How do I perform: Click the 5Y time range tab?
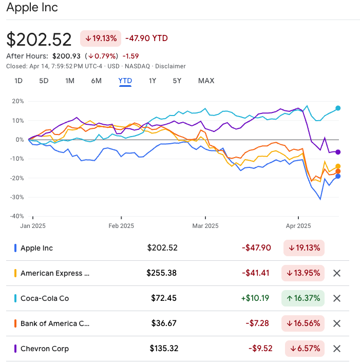[177, 81]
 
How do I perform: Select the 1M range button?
[70, 81]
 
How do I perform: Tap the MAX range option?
[206, 81]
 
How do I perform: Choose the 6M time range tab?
[96, 81]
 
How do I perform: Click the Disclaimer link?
[170, 66]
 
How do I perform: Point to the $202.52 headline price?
[40, 40]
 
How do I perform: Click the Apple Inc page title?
[32, 8]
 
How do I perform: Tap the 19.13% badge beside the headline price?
[100, 38]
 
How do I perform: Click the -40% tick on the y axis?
[17, 216]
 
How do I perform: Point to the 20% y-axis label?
[18, 101]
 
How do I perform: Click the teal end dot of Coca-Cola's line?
[338, 108]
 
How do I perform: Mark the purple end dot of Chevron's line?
[338, 151]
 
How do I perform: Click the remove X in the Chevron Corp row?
[337, 349]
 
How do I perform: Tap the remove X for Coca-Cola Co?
[337, 298]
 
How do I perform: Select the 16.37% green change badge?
[303, 298]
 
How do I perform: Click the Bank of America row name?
[54, 323]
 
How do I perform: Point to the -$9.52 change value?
[259, 349]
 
